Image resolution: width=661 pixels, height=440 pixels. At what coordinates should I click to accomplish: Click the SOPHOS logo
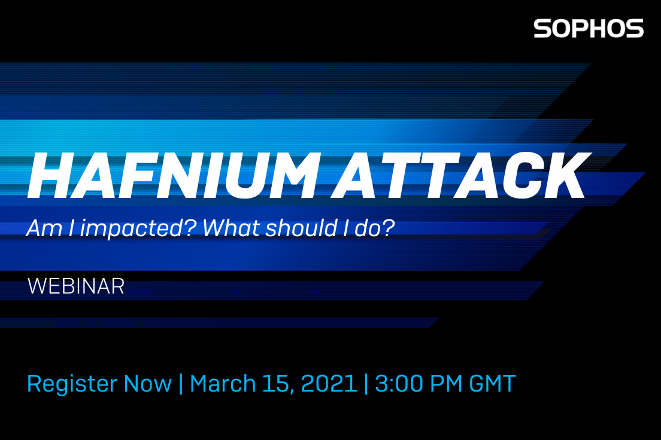coord(589,28)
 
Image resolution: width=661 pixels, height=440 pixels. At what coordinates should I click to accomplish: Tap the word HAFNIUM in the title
coord(173,175)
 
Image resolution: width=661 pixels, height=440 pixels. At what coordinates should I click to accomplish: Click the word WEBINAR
coord(76,286)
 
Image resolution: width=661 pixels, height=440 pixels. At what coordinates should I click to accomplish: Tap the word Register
coord(72,384)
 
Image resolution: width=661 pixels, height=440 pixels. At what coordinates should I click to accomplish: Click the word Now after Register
coord(147,384)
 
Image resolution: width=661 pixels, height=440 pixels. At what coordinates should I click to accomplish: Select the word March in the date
coord(223,384)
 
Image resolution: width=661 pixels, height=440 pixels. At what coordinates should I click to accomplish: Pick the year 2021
coord(329,384)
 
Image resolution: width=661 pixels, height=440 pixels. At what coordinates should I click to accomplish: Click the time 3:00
coord(399,384)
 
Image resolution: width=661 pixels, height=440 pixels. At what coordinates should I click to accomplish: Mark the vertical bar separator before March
coord(181,384)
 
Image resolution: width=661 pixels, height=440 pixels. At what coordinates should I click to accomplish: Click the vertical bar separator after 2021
coord(366,384)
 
